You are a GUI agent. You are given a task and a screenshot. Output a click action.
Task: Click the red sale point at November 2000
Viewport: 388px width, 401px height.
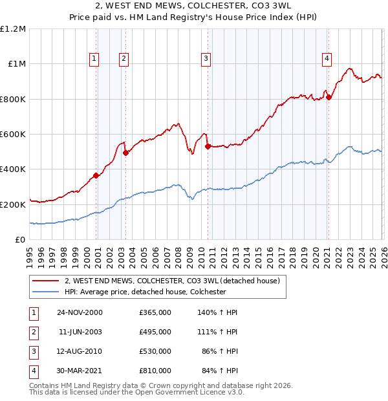96,175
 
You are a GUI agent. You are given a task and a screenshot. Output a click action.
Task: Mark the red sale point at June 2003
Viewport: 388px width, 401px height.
125,153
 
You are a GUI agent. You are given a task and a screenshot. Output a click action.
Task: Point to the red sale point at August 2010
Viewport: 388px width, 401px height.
208,146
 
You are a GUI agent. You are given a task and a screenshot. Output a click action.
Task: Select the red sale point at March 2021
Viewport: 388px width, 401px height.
329,97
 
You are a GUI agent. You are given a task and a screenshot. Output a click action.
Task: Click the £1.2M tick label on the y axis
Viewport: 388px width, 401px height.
13,29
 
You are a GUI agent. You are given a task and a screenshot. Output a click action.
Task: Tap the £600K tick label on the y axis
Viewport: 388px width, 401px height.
13,135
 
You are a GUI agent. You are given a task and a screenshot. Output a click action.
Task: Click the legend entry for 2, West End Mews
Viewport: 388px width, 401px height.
171,281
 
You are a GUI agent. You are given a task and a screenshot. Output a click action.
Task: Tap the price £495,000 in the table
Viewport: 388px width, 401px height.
155,332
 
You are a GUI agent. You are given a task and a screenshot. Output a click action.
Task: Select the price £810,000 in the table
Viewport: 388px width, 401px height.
155,371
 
